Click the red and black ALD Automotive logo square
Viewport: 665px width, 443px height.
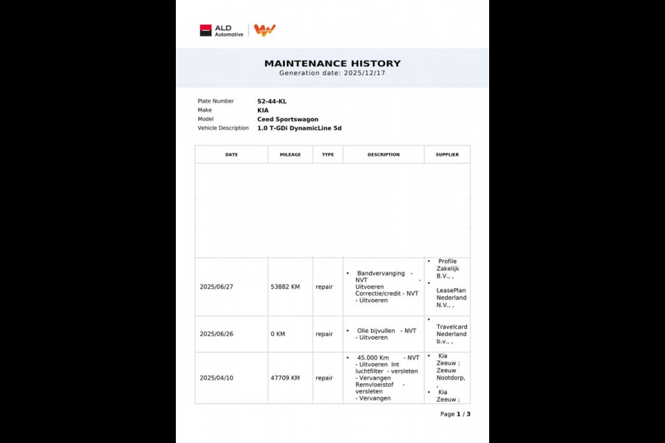[x=205, y=30]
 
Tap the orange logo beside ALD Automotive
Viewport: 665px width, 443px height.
[x=265, y=30]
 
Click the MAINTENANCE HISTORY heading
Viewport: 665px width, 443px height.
[x=332, y=63]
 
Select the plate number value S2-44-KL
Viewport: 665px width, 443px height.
[x=272, y=101]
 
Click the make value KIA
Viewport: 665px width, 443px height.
[x=263, y=110]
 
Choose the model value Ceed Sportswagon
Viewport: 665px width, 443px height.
[x=287, y=119]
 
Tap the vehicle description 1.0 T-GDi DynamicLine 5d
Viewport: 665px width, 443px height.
[x=299, y=128]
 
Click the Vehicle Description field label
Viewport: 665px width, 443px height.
[x=223, y=128]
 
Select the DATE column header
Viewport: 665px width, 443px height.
[x=231, y=154]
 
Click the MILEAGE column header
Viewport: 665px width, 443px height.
[x=290, y=154]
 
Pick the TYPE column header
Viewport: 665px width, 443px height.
[x=328, y=154]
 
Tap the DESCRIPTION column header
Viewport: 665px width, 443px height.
[x=383, y=154]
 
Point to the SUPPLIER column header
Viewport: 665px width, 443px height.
[x=447, y=154]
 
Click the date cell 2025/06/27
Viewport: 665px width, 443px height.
[x=217, y=286]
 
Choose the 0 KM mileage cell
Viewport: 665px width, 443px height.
[x=278, y=334]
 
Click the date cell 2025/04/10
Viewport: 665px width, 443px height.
[x=217, y=377]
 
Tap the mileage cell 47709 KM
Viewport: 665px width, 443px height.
[x=285, y=377]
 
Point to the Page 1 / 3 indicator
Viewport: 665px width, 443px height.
[x=455, y=414]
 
